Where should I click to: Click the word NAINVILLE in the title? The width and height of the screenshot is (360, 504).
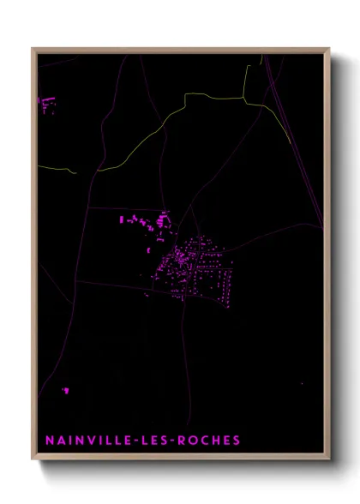84,441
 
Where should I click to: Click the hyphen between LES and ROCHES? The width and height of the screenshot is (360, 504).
171,441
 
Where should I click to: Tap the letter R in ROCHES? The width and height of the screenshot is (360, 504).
181,441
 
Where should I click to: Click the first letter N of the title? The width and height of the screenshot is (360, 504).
49,441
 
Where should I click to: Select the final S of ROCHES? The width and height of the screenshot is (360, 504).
237,441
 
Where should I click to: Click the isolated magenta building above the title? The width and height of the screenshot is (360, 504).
65,391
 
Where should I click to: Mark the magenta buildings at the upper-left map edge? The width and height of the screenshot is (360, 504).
46,105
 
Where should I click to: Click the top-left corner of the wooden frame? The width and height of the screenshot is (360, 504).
33,50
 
